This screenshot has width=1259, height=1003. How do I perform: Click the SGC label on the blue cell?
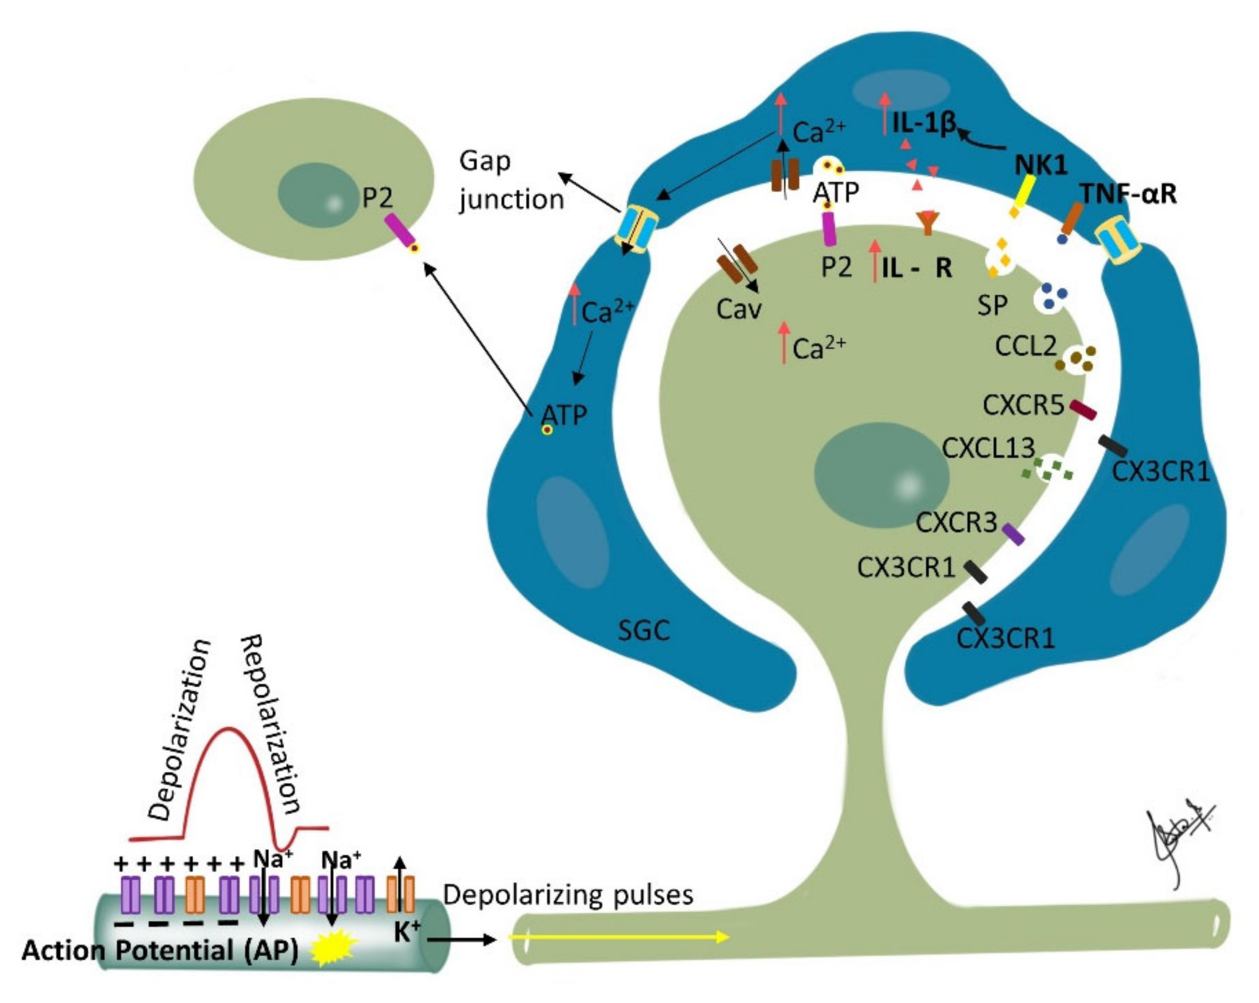pyautogui.click(x=643, y=630)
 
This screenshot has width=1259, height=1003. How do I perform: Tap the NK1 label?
pyautogui.click(x=1041, y=165)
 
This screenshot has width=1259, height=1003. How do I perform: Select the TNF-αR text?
pyautogui.click(x=1128, y=194)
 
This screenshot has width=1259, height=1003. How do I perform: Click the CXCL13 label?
pyautogui.click(x=988, y=449)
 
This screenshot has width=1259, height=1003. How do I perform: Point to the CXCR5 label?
pyautogui.click(x=1023, y=405)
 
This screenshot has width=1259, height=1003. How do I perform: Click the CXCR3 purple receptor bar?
pyautogui.click(x=1013, y=534)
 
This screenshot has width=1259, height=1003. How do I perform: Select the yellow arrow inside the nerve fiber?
pyautogui.click(x=619, y=937)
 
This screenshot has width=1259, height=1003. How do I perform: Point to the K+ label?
pyautogui.click(x=407, y=933)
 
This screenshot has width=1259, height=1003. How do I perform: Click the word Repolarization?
pyautogui.click(x=272, y=724)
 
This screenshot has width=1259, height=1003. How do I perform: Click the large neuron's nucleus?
pyautogui.click(x=881, y=475)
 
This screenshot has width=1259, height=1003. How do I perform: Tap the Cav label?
pyautogui.click(x=739, y=309)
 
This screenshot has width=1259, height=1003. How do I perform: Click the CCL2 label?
pyautogui.click(x=1025, y=347)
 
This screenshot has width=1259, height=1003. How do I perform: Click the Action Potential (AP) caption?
pyautogui.click(x=160, y=950)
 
